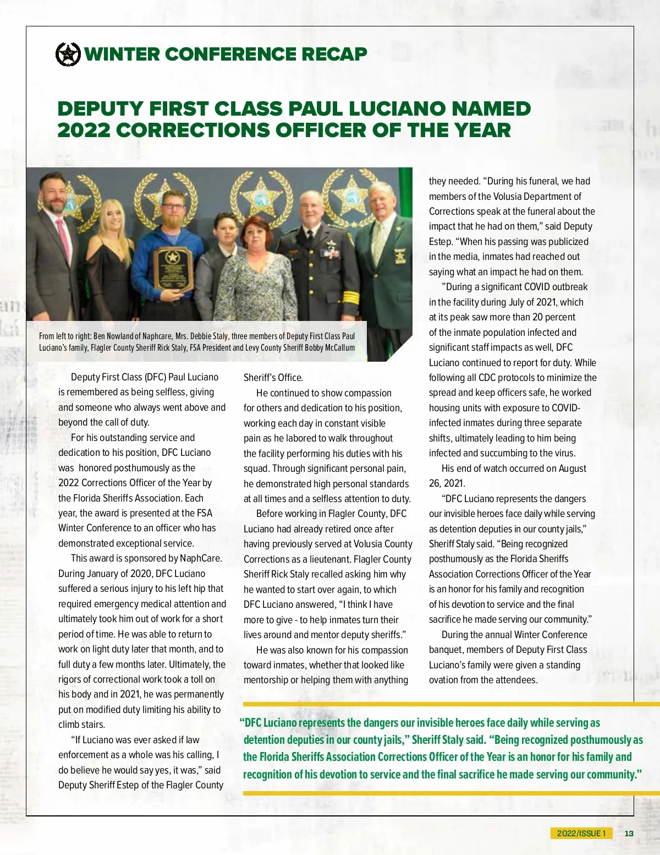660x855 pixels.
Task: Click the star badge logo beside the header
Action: click(x=68, y=54)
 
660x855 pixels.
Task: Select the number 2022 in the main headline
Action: click(x=84, y=130)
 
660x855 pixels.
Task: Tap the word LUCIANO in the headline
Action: click(x=399, y=109)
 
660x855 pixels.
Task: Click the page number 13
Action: click(x=629, y=834)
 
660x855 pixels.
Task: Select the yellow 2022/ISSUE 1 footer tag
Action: click(x=581, y=834)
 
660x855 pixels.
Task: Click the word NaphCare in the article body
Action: click(x=201, y=558)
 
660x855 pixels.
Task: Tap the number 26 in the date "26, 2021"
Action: click(x=435, y=483)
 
